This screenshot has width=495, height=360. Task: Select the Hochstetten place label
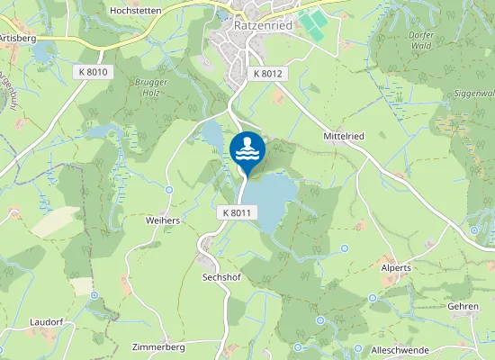pos(134,10)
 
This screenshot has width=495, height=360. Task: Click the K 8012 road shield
pos(268,73)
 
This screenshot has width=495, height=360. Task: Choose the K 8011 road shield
pos(238,212)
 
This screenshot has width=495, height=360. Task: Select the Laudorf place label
pos(45,320)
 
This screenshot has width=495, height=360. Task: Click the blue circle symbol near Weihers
pos(169,189)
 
